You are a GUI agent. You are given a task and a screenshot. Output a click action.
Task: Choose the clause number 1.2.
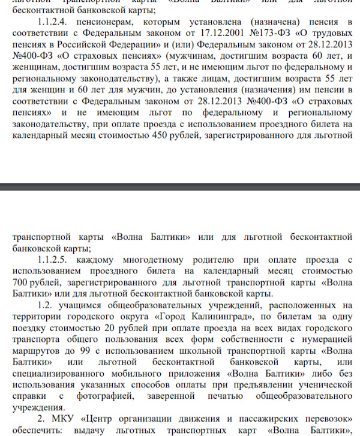coord(45,304)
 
